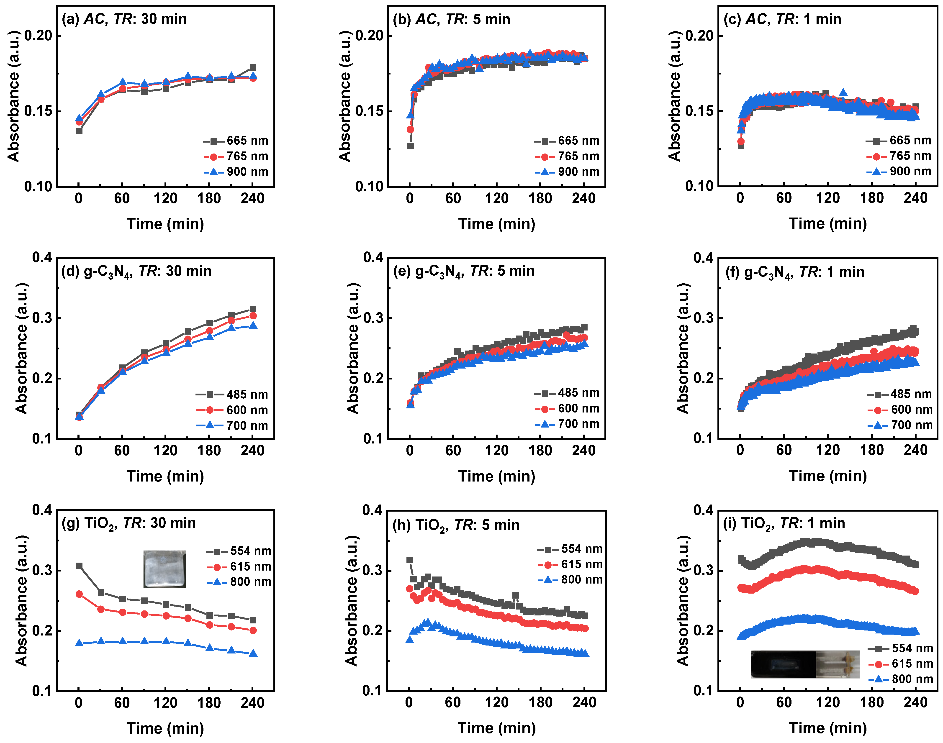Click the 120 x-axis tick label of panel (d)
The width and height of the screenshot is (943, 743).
tap(165, 450)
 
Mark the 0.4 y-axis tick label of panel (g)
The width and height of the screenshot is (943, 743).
tap(42, 510)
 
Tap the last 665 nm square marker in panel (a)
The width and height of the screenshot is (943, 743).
tap(253, 67)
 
